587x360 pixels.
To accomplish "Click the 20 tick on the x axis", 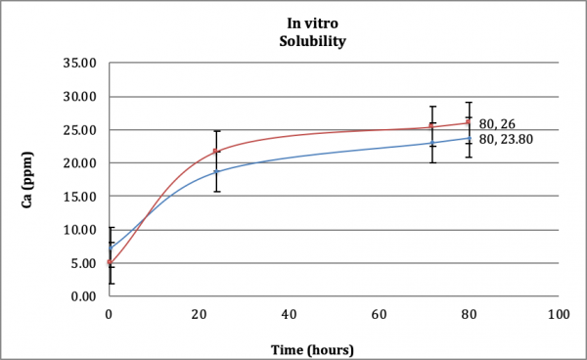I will click(200, 315).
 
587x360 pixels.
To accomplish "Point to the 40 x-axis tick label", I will click(290, 315).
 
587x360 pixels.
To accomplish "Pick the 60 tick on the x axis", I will click(380, 315).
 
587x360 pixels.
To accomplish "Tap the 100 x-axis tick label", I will click(559, 315).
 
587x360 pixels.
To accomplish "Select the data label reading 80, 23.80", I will click(501, 139).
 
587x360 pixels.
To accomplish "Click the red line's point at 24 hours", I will click(216, 152).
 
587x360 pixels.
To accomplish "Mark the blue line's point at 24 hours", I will click(216, 172).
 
